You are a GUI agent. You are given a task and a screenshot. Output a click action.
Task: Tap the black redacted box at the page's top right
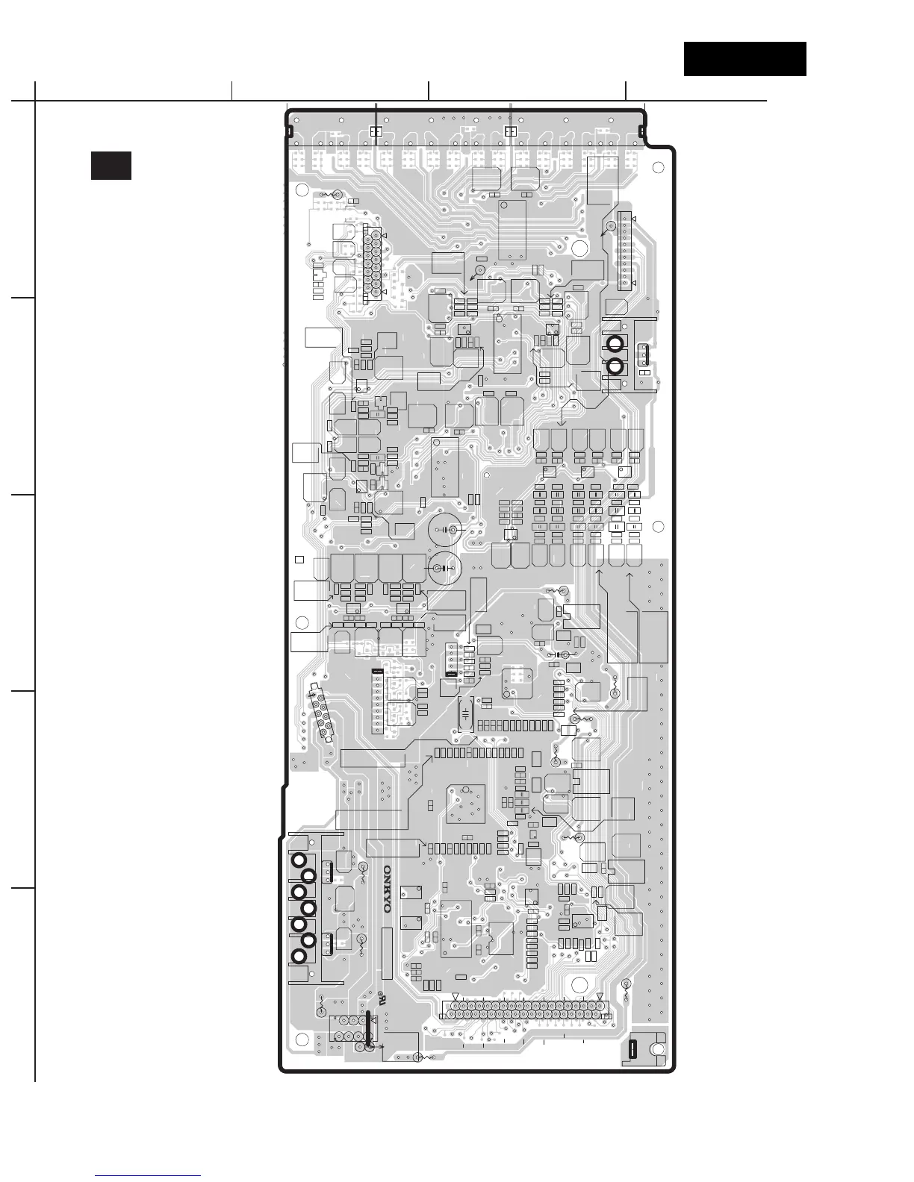pos(744,59)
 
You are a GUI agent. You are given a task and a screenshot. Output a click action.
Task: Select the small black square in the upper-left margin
pos(111,166)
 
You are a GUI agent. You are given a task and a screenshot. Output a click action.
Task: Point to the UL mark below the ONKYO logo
pos(381,998)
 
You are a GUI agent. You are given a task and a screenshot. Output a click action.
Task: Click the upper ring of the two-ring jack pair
pos(615,344)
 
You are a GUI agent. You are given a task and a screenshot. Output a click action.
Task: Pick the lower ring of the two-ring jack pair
pos(615,366)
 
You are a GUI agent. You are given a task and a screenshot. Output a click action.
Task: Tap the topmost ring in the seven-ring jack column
pos(299,860)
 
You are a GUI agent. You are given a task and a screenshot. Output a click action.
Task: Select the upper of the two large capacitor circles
pos(445,530)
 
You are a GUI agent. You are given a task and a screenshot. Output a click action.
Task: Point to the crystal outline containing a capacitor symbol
pos(465,714)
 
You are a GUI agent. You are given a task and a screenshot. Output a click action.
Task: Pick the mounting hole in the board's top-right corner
pos(658,168)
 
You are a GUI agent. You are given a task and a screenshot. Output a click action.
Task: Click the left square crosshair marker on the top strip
pos(375,131)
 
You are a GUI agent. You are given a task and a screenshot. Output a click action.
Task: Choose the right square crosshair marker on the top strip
pos(510,131)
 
